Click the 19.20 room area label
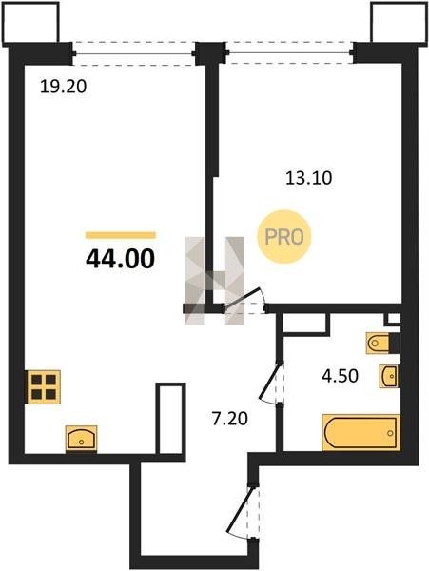[64, 87]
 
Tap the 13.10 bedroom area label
[308, 179]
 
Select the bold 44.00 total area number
[121, 259]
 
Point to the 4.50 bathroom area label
[340, 376]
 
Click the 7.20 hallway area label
[230, 419]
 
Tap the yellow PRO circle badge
[284, 237]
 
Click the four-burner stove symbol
[44, 386]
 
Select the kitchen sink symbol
[81, 439]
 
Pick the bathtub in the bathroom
[361, 432]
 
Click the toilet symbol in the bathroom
[382, 343]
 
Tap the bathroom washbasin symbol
[389, 376]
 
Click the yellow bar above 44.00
[121, 235]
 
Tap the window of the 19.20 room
[134, 54]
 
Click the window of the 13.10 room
[289, 53]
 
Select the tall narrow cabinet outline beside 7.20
[170, 419]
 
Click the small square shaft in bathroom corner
[392, 319]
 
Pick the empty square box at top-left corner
[30, 23]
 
